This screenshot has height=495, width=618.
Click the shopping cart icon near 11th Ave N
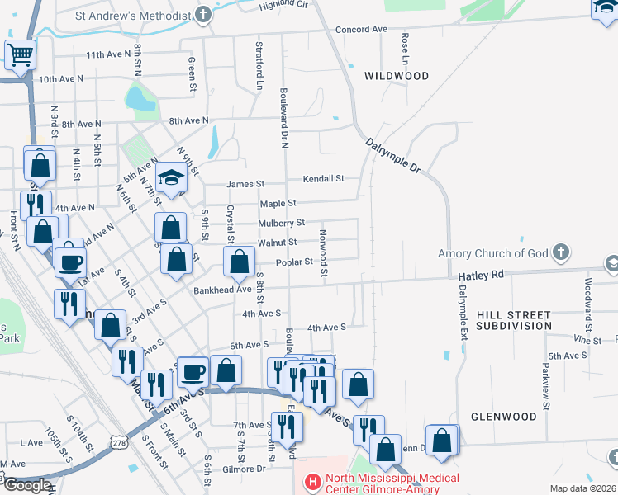click(x=20, y=56)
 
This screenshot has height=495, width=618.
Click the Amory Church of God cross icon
click(x=560, y=252)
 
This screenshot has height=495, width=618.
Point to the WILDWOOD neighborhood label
click(x=397, y=76)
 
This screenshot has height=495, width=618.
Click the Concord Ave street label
click(x=361, y=30)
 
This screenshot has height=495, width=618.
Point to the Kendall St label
click(x=323, y=178)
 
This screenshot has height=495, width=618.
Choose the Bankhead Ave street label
click(x=222, y=290)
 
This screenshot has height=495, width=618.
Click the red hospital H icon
click(x=312, y=480)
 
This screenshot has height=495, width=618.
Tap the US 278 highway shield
click(x=120, y=443)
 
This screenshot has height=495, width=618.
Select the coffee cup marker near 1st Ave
click(x=70, y=262)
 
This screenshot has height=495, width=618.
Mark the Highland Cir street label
click(x=283, y=5)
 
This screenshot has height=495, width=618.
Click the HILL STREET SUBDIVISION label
click(x=512, y=320)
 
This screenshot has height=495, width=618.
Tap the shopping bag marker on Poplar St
click(x=239, y=262)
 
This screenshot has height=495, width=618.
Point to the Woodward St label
click(x=588, y=293)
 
